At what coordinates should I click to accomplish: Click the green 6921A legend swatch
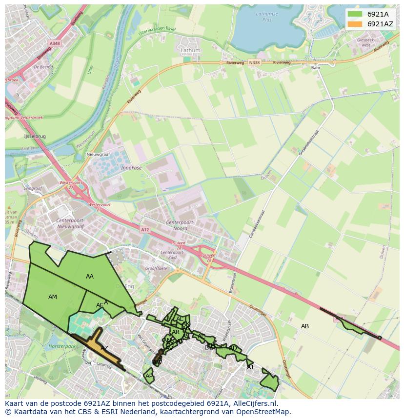click(x=355, y=14)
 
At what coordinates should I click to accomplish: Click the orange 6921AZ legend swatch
click(x=355, y=24)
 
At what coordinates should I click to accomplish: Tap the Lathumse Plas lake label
click(x=267, y=17)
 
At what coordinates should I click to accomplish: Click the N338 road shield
click(x=254, y=62)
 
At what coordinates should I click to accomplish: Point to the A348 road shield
click(x=55, y=43)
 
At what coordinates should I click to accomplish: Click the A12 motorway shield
click(x=145, y=229)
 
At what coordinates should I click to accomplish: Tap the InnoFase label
click(x=131, y=167)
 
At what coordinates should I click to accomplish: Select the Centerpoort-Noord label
click(x=181, y=226)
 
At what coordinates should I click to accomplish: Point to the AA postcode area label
click(x=90, y=277)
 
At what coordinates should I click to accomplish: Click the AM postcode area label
click(x=53, y=297)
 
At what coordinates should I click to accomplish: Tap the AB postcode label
click(x=305, y=326)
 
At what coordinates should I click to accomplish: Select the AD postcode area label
click(x=233, y=348)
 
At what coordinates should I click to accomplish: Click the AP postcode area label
click(x=149, y=376)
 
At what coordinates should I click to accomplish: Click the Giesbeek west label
click(x=366, y=42)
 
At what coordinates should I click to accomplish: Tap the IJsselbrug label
click(x=35, y=137)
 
